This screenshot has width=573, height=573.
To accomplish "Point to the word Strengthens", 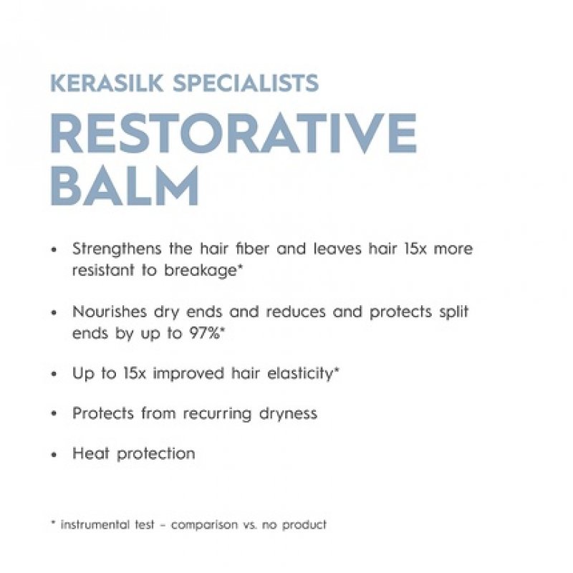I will click(x=116, y=249).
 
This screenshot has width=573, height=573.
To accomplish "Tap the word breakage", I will click(x=206, y=271).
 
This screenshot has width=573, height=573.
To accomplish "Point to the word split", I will click(x=456, y=312).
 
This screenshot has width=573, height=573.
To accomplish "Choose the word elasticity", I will click(x=297, y=373).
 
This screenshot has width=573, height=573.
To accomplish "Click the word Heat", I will click(x=89, y=453).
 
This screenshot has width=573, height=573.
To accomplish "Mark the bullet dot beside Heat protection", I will click(x=54, y=455).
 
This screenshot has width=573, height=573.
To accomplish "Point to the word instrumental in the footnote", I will click(x=95, y=524).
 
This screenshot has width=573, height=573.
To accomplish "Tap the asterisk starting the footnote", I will click(x=53, y=523).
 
